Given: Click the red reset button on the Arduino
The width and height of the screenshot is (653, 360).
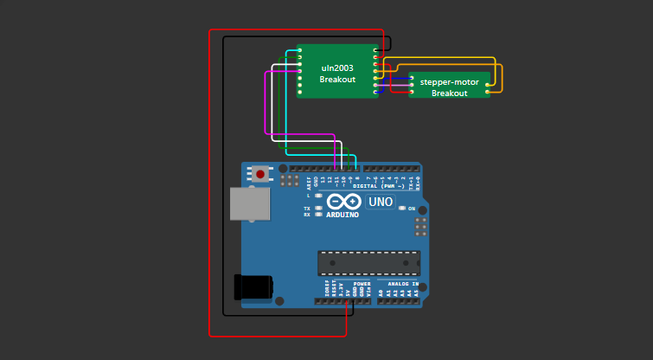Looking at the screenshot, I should pos(260,174).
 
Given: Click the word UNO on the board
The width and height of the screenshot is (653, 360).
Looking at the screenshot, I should pos(381,202).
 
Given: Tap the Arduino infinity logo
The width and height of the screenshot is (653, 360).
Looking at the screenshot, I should pos(343,202).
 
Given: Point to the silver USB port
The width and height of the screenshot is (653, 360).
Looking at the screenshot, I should pos(249,204).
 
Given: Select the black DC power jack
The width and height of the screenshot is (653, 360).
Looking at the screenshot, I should pos(253,286).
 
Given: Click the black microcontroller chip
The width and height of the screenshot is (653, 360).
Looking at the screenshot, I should pos(368,263).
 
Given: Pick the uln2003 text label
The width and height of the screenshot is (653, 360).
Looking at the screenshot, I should pos(337,67).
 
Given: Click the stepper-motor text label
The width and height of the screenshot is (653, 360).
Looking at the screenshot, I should pos(449,82).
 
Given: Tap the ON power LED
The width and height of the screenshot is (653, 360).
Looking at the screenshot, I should pos(400,209).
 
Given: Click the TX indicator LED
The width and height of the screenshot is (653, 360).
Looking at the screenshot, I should pos(319,209).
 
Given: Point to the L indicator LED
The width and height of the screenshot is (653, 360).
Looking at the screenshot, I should pos(319,196).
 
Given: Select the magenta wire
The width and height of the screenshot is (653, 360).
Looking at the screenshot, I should pos(265,104).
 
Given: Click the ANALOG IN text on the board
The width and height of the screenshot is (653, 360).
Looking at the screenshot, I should pos(402,284).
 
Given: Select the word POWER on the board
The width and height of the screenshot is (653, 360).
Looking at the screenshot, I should pos(362,284).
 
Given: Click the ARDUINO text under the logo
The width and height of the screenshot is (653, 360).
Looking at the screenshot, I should pos(343,213).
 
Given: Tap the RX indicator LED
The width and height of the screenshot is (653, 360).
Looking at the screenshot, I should pos(319,215).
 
